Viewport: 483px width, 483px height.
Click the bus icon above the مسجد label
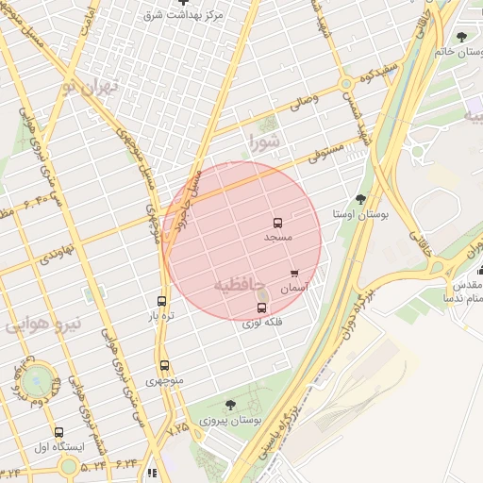click(x=277, y=224)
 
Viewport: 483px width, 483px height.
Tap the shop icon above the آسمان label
click(x=294, y=274)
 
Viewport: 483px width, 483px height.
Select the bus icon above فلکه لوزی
click(x=262, y=308)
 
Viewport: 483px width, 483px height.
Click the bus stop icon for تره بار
click(x=161, y=302)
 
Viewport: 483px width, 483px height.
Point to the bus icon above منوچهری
click(x=164, y=365)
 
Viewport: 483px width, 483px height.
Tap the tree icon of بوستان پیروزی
click(x=230, y=405)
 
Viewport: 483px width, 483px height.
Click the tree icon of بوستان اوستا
click(x=361, y=199)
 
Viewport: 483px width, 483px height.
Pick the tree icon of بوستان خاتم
click(x=461, y=38)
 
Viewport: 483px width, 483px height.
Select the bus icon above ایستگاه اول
click(x=59, y=431)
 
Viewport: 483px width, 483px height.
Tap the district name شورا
click(x=264, y=142)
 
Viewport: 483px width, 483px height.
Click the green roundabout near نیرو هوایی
click(x=38, y=381)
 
